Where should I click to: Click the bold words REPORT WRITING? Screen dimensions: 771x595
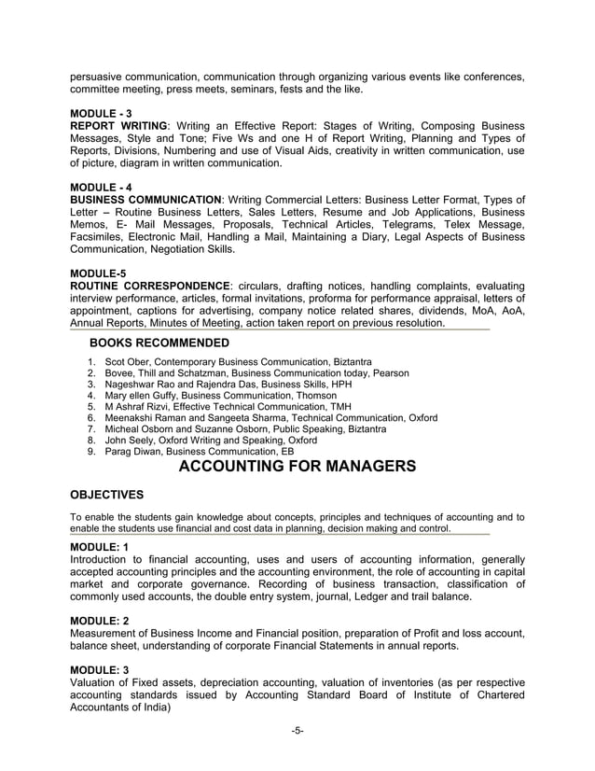click(x=119, y=126)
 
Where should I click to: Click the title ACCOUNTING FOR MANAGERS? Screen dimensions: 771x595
click(x=297, y=467)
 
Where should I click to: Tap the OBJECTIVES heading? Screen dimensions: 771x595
click(x=107, y=495)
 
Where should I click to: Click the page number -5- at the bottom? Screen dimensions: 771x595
click(x=297, y=730)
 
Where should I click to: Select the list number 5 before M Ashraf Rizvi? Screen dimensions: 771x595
click(x=90, y=406)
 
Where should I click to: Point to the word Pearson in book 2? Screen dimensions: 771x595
click(x=391, y=372)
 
